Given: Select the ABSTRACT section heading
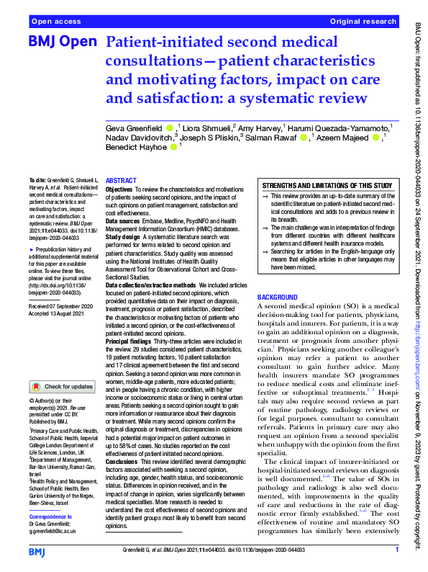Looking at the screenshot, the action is [x=121, y=181].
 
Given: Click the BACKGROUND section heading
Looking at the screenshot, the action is [x=278, y=297].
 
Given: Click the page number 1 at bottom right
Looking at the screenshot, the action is [x=396, y=551].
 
